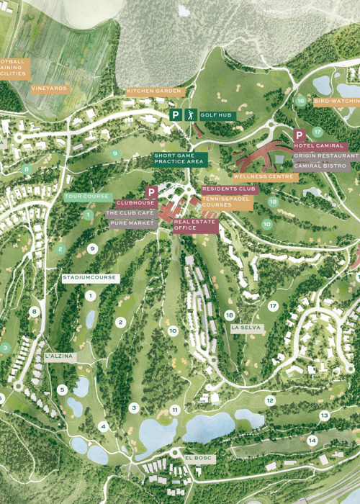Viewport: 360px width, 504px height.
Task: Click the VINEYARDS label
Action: (50, 89)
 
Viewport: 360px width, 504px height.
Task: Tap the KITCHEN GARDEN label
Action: (156, 91)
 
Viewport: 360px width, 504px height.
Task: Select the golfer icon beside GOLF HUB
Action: (191, 114)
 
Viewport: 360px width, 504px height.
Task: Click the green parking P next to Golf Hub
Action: (175, 114)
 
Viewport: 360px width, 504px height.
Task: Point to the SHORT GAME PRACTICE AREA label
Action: (180, 159)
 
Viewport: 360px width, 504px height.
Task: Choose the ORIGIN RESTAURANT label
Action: (325, 156)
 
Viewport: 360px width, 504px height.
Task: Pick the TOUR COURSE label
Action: (87, 197)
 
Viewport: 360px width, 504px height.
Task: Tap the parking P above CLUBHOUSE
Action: (151, 192)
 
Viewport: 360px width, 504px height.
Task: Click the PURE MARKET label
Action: (133, 224)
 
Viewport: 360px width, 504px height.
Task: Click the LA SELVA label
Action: (246, 328)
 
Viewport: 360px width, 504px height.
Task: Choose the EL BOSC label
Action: (199, 458)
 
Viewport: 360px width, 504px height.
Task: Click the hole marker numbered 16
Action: (300, 101)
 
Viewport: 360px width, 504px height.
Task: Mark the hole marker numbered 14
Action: (312, 440)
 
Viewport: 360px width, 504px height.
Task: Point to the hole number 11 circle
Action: (175, 410)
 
